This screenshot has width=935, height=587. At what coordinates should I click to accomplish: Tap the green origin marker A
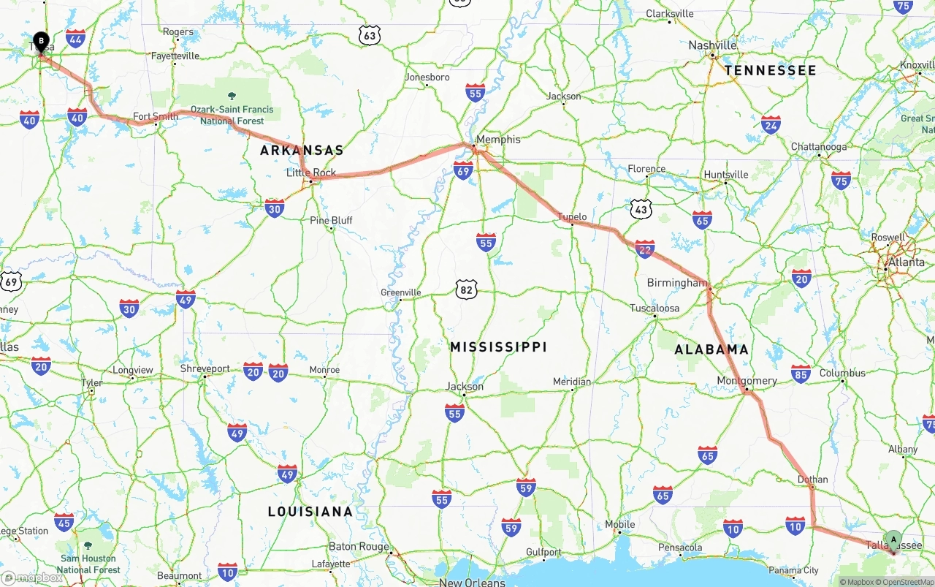tap(893, 540)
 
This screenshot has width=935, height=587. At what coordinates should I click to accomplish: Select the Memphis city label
tap(498, 139)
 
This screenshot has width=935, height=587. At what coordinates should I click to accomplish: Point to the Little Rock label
tap(311, 173)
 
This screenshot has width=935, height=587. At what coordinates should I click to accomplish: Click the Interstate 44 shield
tap(75, 38)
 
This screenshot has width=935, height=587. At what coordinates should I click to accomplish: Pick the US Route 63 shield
tap(370, 34)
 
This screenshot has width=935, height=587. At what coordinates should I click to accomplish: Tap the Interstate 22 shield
tap(644, 249)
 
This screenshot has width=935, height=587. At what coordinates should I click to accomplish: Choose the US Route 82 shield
tap(466, 289)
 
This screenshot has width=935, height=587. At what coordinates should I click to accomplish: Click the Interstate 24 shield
tap(771, 124)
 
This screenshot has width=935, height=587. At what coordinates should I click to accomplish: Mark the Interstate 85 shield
tap(801, 374)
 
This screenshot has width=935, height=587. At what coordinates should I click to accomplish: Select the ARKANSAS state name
tap(302, 150)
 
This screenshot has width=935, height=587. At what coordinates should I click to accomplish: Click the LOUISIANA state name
tap(310, 512)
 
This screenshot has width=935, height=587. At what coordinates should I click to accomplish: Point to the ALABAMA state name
tap(711, 349)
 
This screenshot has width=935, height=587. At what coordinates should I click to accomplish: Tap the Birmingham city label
tap(677, 283)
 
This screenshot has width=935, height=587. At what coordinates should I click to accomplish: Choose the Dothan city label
tap(813, 480)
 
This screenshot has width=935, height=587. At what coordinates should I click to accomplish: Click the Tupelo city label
tap(572, 217)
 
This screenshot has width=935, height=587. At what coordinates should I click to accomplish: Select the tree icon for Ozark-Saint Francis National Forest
tap(232, 96)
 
